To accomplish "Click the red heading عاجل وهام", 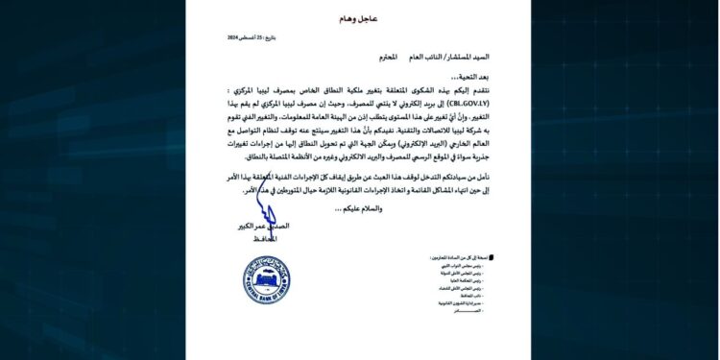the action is click(x=359, y=18).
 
